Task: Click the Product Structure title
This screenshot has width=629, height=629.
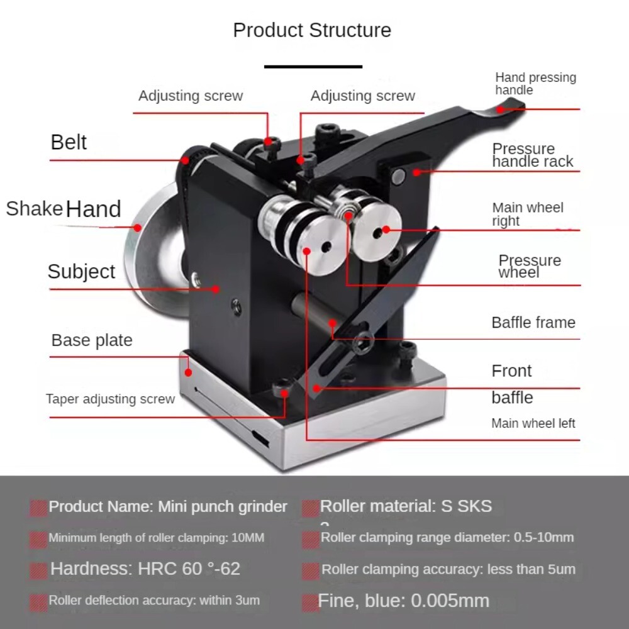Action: [312, 30]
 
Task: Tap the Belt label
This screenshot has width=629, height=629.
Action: [69, 142]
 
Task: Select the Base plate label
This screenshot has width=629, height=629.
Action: [92, 340]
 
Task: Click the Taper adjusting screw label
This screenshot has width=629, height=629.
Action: [110, 399]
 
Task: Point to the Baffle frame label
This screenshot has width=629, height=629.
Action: [533, 323]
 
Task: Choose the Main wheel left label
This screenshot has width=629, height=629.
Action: [533, 423]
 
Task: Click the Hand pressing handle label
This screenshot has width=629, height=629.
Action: [535, 84]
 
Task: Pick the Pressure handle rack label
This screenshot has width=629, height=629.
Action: [533, 155]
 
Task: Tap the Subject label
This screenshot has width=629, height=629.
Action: [81, 272]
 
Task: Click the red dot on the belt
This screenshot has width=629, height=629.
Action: [185, 160]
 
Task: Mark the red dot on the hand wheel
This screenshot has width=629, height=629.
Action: [138, 228]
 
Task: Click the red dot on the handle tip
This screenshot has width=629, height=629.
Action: [500, 109]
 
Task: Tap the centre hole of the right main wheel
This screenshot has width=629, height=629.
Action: [377, 233]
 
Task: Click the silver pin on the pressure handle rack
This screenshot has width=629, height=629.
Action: [398, 177]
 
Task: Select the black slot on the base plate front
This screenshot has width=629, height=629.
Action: [260, 438]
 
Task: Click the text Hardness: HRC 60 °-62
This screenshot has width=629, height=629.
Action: [145, 569]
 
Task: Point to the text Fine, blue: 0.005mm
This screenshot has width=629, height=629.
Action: [404, 601]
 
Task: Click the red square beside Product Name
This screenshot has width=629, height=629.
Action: [38, 508]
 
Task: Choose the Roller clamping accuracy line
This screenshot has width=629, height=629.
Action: [448, 569]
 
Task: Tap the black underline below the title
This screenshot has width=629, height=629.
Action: [313, 67]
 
